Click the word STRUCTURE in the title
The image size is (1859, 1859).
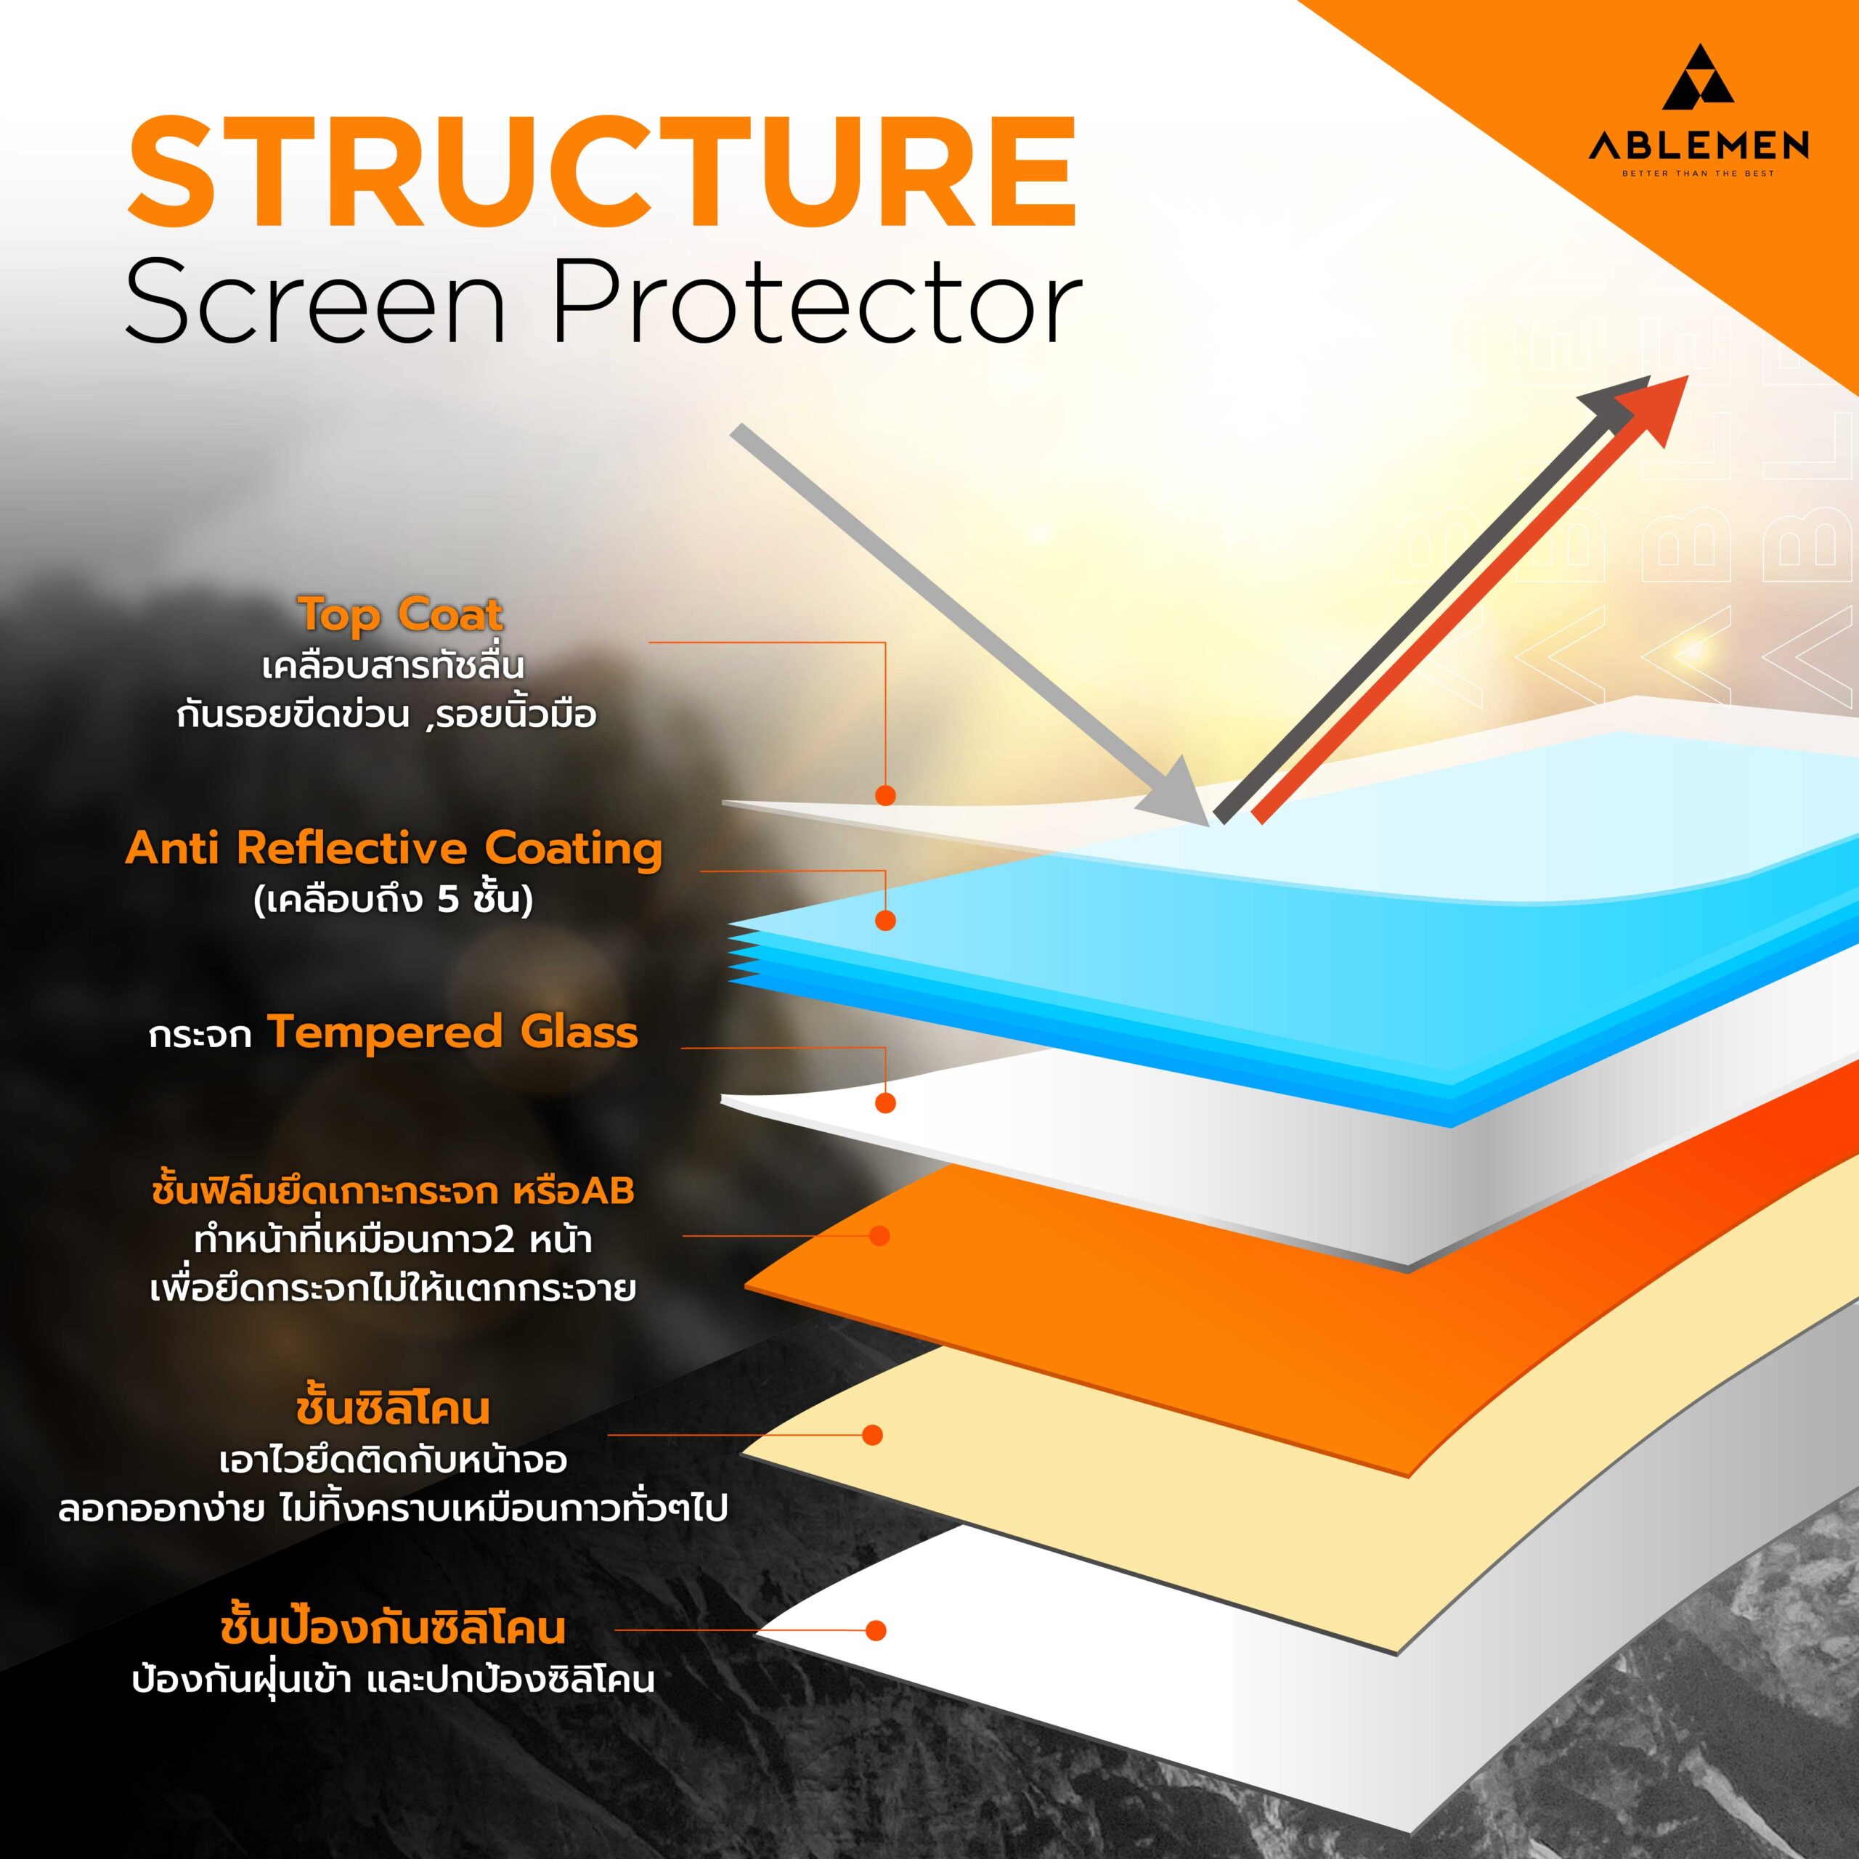coord(602,174)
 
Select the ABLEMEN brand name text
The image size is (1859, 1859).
coord(1699,145)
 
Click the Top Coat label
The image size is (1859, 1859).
coord(400,614)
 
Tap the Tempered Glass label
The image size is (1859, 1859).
coord(453,1033)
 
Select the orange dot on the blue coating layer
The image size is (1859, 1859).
coord(885,921)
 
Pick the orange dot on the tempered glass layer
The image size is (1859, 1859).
coord(885,1103)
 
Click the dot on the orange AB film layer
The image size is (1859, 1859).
coord(879,1235)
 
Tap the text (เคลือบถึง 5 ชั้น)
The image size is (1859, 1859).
coord(394,900)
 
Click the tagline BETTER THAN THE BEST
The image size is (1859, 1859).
coord(1699,174)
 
